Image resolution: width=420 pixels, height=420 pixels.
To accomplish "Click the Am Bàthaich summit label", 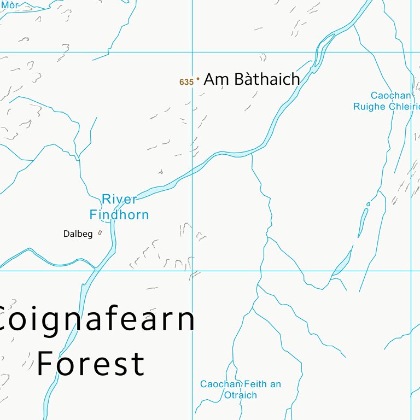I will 252,80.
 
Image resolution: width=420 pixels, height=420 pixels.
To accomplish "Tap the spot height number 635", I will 186,83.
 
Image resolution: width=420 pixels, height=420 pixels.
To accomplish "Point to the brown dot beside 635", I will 197,79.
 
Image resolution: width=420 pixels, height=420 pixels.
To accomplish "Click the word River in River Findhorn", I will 119,200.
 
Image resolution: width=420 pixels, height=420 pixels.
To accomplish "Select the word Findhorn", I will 119,215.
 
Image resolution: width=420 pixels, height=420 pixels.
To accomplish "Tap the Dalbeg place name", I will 78,234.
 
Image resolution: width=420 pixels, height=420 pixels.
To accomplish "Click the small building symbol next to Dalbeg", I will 100,233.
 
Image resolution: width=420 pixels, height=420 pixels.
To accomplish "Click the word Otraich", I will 240,395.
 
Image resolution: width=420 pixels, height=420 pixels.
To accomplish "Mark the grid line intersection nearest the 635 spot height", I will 192,52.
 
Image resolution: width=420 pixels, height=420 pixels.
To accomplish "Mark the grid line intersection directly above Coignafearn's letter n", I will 192,270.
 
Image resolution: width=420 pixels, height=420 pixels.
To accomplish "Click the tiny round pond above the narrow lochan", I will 368,204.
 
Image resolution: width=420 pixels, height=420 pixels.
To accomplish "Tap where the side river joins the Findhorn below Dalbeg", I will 97,268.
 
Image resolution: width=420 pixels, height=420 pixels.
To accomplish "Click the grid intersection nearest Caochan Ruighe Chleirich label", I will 411,52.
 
